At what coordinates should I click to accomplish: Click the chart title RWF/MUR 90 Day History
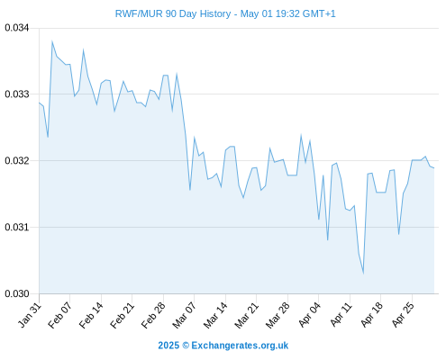coord(173,13)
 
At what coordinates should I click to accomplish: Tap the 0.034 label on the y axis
coord(17,28)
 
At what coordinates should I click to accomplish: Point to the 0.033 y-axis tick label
coord(17,94)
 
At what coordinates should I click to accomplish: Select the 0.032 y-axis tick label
coord(17,161)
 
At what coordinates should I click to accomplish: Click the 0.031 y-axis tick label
coord(17,227)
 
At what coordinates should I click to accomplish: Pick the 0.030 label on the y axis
coord(17,293)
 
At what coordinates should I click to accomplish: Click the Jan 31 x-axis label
coord(30,315)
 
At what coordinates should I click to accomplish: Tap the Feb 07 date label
coord(60,315)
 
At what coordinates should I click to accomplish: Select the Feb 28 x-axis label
coord(153,315)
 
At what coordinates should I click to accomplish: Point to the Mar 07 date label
coord(185,315)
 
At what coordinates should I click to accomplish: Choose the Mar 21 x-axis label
coord(247,315)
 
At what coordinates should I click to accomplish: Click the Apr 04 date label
coord(309,315)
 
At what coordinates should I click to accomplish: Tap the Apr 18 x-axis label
coord(372,315)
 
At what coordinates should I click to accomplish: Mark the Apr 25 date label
coord(403,315)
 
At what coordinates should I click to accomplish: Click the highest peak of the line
coord(52,41)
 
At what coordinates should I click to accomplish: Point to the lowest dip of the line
coord(363,273)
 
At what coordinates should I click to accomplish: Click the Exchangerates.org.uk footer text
coord(240,346)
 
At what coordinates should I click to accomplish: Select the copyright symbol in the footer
coord(186,346)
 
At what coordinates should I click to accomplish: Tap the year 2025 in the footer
coord(168,346)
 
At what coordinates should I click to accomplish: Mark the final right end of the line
coord(434,168)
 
